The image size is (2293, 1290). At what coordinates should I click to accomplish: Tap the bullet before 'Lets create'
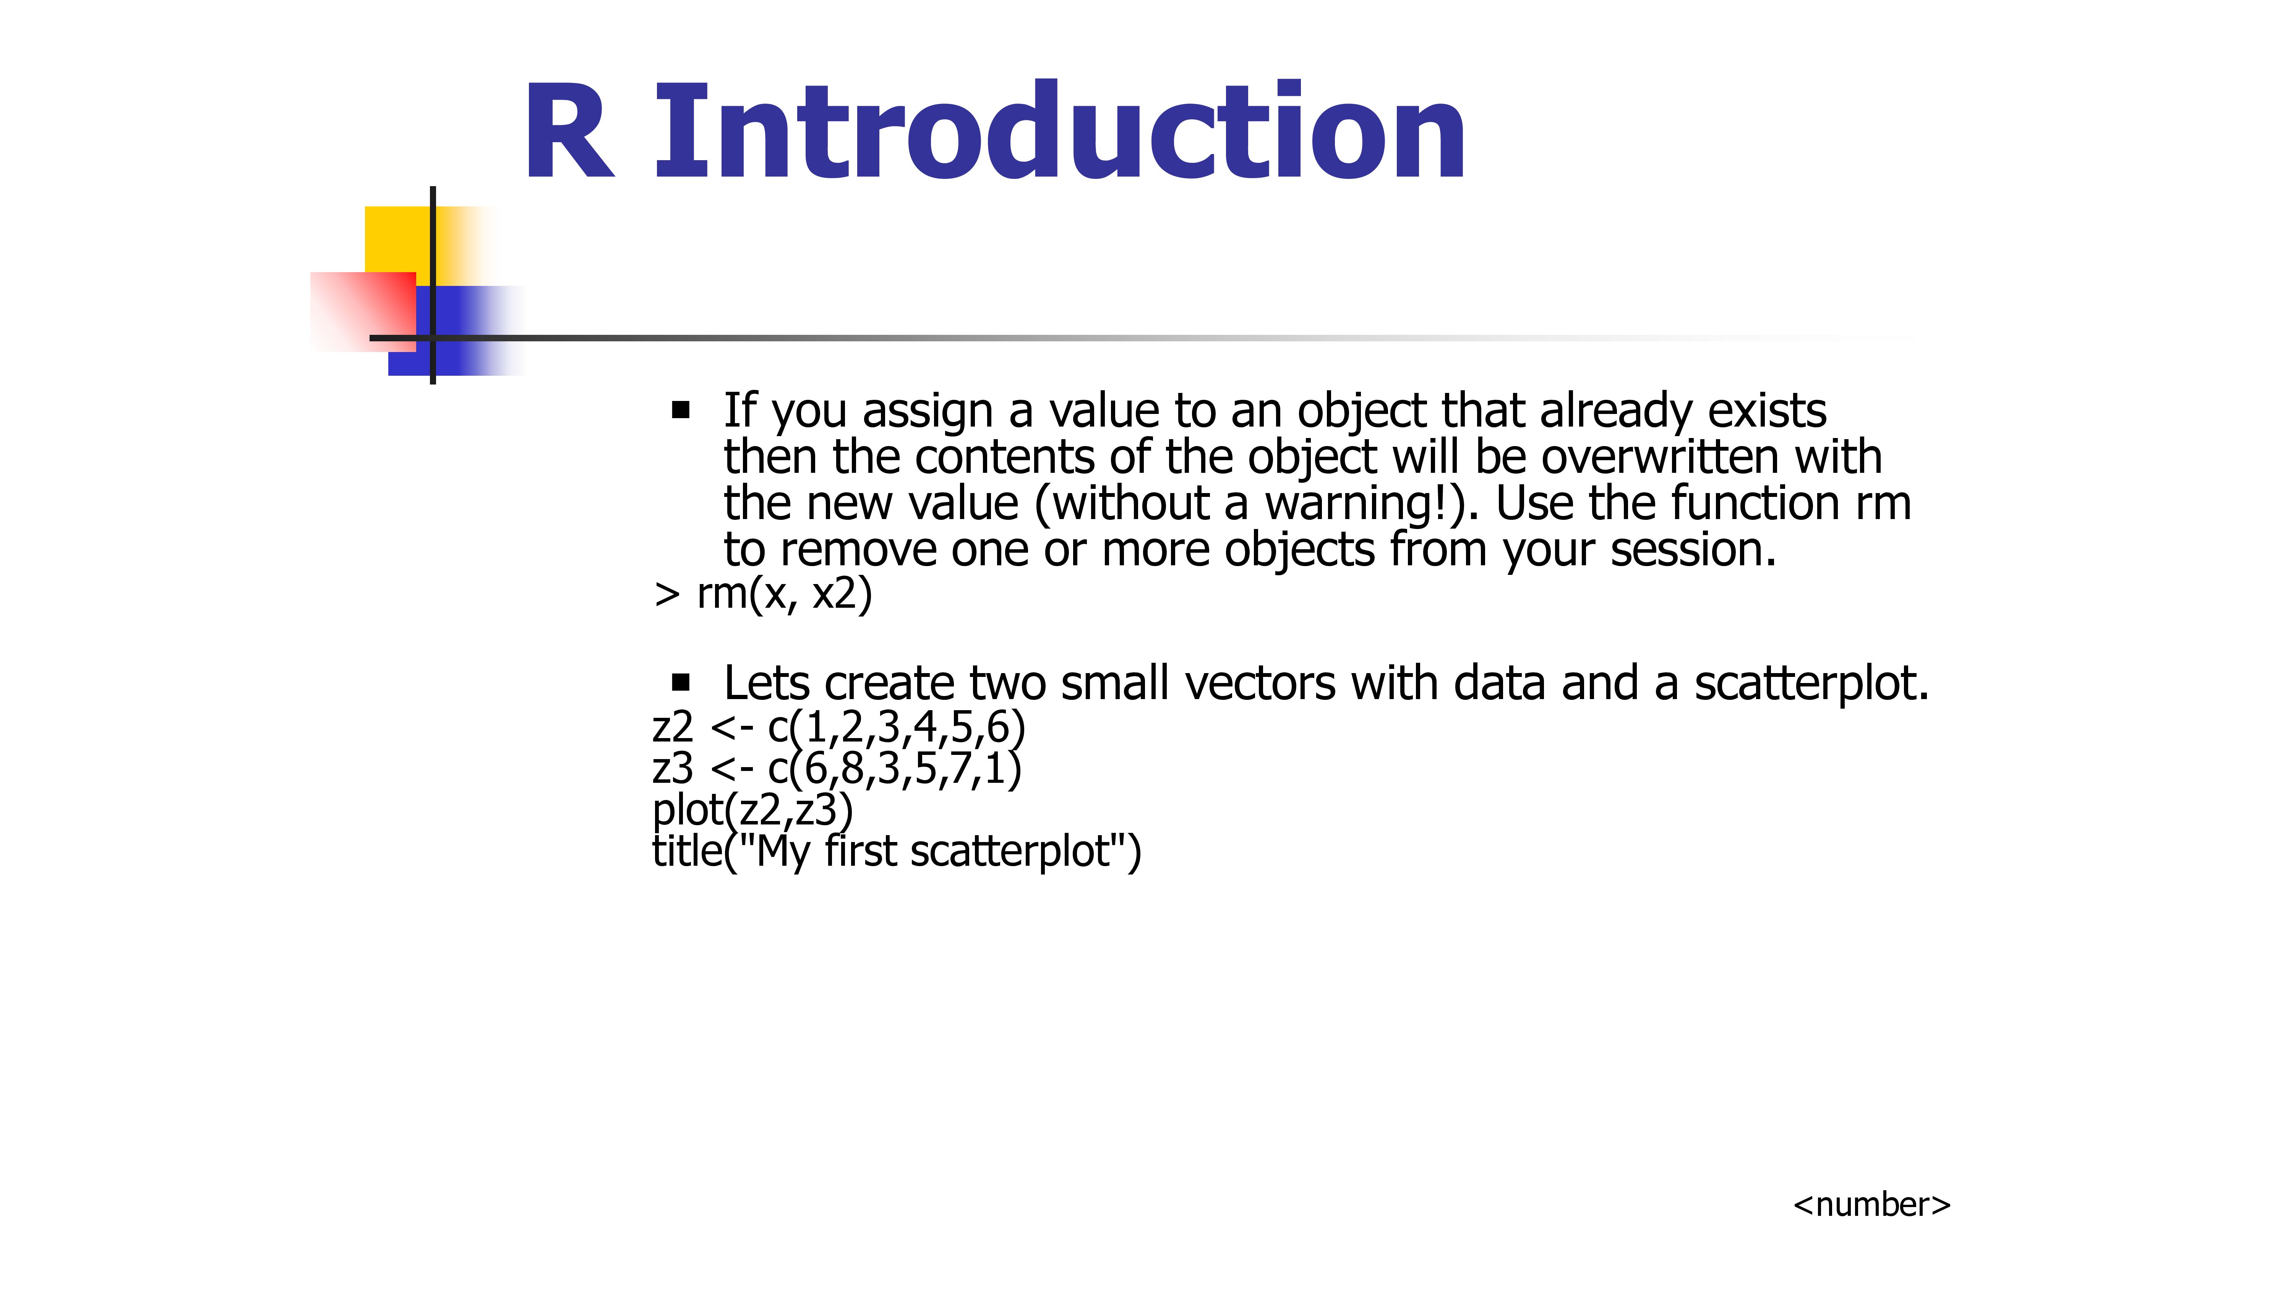click(681, 683)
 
